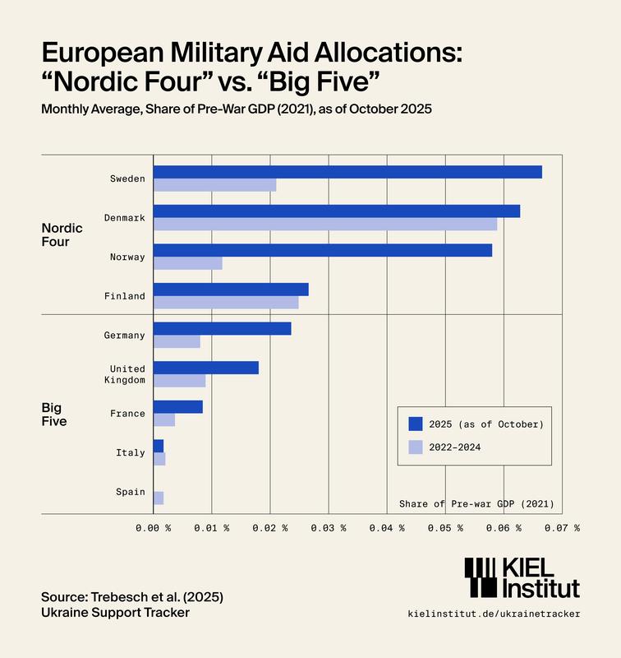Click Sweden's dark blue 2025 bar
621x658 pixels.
(x=347, y=172)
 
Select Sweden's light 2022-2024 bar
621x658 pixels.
(x=214, y=184)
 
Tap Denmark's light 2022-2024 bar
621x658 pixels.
(x=325, y=224)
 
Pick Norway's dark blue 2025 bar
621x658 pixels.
(x=323, y=250)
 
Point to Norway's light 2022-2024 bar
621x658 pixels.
(x=188, y=263)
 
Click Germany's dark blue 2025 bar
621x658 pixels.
(x=222, y=328)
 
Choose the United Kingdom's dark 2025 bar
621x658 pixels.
(x=206, y=368)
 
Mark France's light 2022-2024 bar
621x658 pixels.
(x=164, y=419)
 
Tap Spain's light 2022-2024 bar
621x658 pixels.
(x=159, y=498)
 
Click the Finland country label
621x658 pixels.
(x=125, y=296)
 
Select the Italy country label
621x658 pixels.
(x=131, y=452)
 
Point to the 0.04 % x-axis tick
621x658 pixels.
(x=387, y=528)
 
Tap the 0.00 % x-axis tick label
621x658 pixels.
(x=154, y=528)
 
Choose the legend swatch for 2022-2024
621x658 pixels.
(x=416, y=447)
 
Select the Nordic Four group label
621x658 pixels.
(x=62, y=235)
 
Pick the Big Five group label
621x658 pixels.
(x=54, y=414)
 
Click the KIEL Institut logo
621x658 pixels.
(x=522, y=577)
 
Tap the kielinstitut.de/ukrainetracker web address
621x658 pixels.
(x=494, y=614)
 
